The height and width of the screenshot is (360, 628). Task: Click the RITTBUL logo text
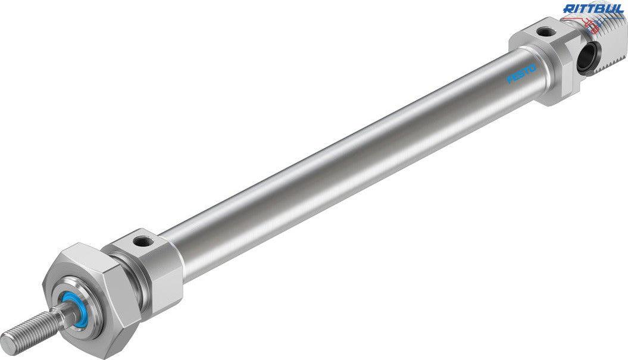pos(593,8)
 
